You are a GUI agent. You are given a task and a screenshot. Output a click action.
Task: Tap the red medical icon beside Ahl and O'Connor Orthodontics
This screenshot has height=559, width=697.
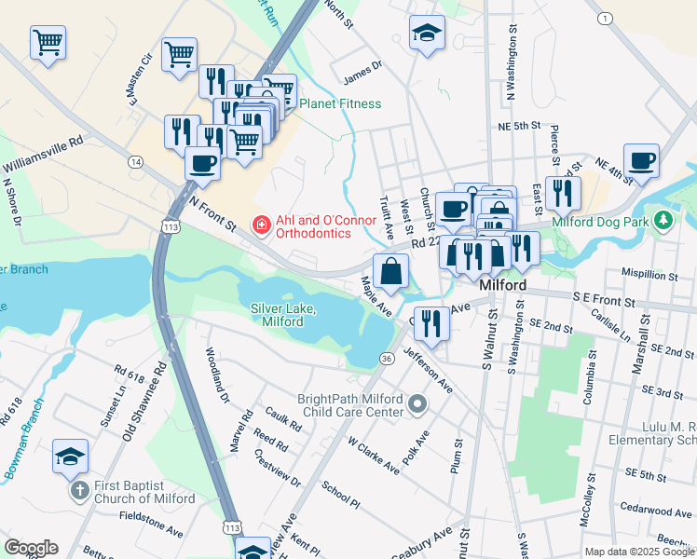261,225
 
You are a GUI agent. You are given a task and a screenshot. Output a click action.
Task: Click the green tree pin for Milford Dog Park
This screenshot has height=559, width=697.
663,221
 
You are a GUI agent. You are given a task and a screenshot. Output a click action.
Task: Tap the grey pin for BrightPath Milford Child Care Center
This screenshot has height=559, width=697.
417,404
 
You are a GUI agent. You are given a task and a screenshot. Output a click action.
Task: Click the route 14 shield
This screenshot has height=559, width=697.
137,162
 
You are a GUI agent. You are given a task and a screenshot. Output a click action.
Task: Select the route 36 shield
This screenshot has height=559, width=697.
386,358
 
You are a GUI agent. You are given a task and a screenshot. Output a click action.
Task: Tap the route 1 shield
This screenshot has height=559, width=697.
606,19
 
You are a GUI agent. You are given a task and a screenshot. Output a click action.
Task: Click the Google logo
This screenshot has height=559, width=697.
32,547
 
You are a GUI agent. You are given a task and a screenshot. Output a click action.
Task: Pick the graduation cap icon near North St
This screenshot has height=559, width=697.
427,34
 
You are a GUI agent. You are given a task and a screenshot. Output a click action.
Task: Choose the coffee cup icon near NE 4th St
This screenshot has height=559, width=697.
641,160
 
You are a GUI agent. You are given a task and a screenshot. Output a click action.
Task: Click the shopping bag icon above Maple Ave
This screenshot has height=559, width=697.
391,271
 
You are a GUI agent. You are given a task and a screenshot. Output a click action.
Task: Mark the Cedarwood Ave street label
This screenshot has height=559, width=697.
659,511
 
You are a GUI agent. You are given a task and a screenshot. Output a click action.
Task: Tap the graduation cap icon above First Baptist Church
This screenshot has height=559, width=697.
71,457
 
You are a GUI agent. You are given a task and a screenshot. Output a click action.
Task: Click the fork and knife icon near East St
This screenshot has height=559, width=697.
563,193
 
